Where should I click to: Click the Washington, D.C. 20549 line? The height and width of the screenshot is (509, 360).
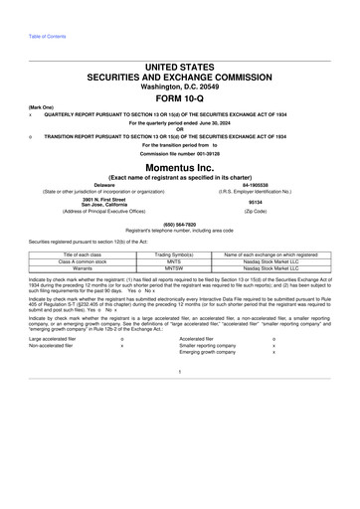[x=179, y=83]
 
